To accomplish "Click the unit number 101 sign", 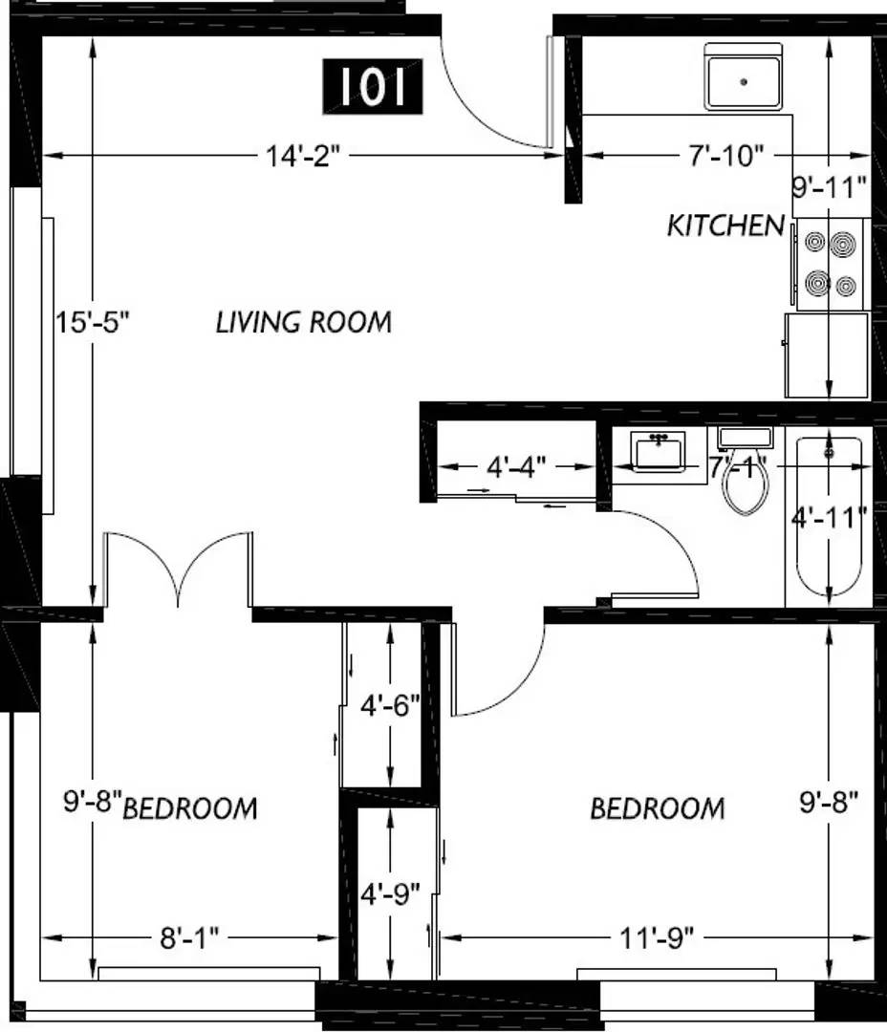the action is click(372, 86).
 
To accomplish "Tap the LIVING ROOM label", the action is click(304, 323).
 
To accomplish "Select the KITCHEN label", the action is click(725, 226).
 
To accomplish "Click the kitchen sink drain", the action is click(745, 82).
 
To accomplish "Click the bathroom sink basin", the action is click(658, 451).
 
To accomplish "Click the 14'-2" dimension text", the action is click(303, 157).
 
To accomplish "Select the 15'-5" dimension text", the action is click(92, 323).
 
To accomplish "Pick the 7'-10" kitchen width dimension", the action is click(727, 157).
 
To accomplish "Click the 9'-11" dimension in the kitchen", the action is click(830, 187).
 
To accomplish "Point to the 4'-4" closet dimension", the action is click(516, 466).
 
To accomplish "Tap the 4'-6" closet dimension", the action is click(390, 705).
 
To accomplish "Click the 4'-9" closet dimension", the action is click(390, 893).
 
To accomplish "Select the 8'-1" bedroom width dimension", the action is click(189, 938).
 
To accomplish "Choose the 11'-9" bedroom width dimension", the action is click(657, 938).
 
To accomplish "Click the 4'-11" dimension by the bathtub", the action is click(829, 517).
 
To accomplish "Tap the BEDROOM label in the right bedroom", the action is click(658, 808).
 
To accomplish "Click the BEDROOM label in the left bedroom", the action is click(190, 808).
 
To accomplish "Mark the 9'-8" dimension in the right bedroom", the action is click(829, 802).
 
